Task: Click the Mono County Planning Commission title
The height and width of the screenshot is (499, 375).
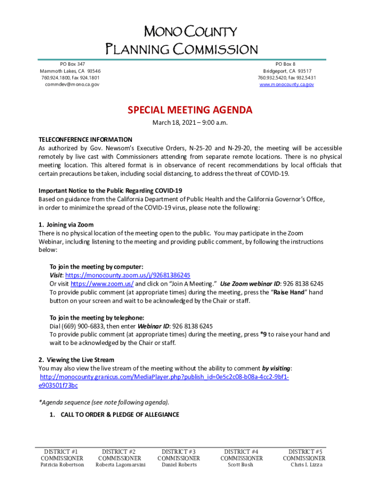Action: point(182,41)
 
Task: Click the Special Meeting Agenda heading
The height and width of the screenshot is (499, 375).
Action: point(190,110)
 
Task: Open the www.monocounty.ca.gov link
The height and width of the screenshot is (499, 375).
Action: point(286,84)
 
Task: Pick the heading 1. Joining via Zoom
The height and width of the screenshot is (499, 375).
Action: point(66,225)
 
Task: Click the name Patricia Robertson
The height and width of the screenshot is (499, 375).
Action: point(62,465)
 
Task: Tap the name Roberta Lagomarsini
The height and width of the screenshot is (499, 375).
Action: point(120,465)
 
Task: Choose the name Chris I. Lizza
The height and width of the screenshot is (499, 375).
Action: point(306,465)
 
